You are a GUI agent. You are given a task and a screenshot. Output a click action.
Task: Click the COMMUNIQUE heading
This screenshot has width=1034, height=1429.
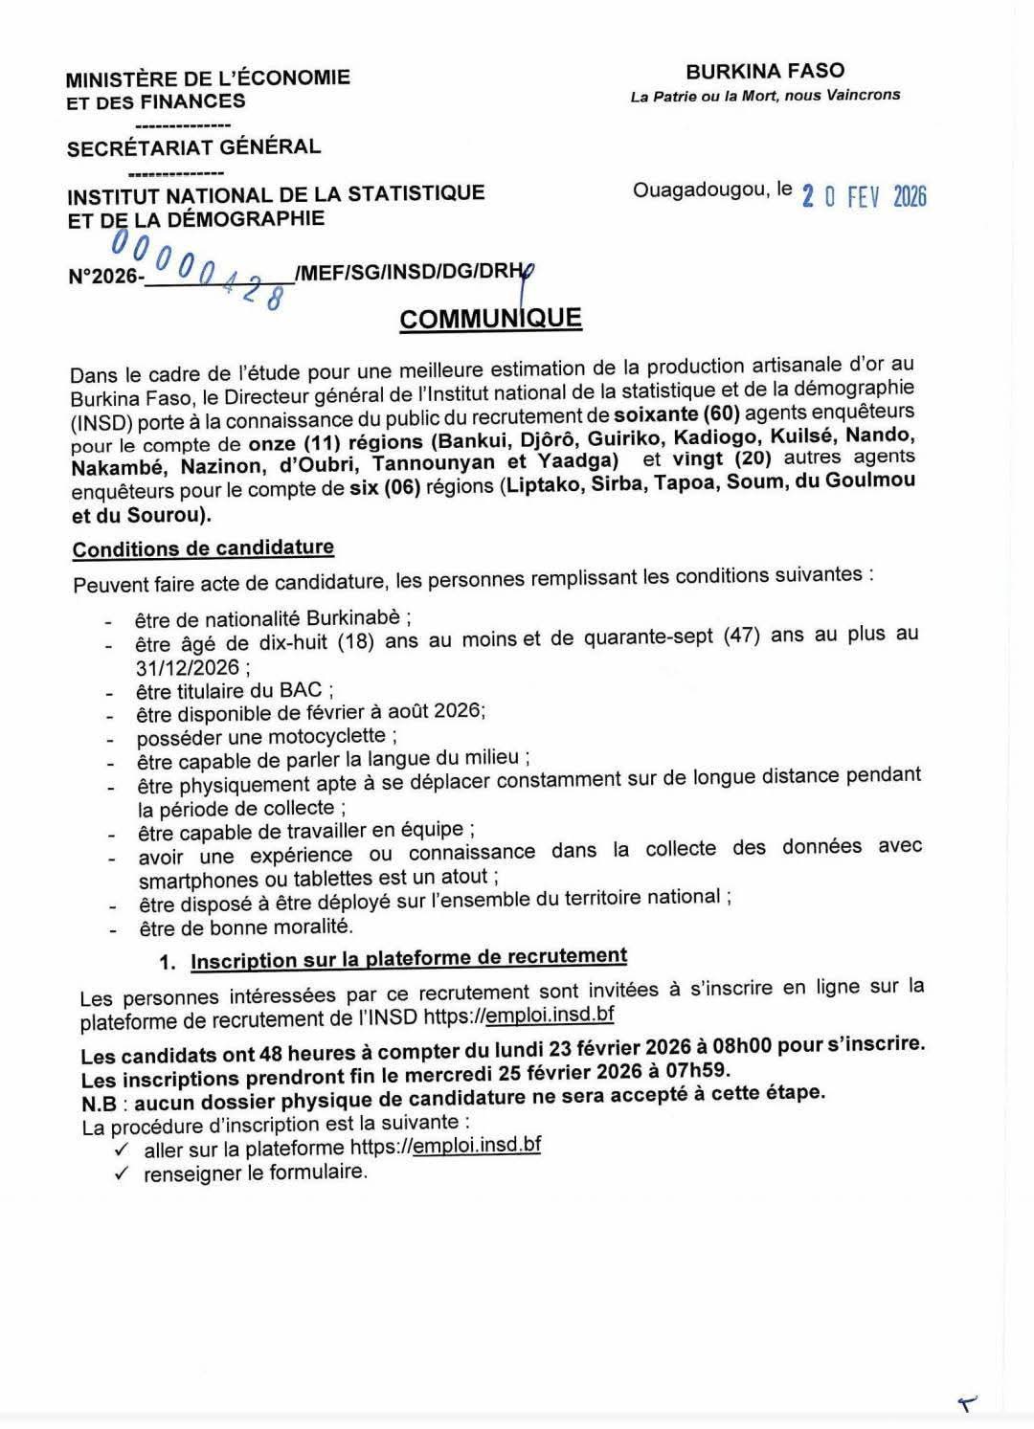click(490, 318)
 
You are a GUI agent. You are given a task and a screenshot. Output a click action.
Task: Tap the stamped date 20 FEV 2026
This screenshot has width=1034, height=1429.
click(864, 196)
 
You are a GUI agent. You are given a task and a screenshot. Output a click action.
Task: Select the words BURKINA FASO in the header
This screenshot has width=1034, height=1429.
click(765, 71)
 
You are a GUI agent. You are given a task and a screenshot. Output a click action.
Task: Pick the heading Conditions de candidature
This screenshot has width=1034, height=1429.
click(203, 548)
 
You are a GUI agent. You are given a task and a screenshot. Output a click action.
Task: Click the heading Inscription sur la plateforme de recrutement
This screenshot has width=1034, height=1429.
click(409, 958)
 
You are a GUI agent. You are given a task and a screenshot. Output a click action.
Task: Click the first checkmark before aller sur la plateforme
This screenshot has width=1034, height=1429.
click(121, 1149)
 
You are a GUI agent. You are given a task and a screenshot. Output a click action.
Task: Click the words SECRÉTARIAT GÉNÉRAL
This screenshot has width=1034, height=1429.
click(193, 147)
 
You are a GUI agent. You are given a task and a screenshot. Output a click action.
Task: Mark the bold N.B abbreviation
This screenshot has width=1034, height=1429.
click(100, 1103)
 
